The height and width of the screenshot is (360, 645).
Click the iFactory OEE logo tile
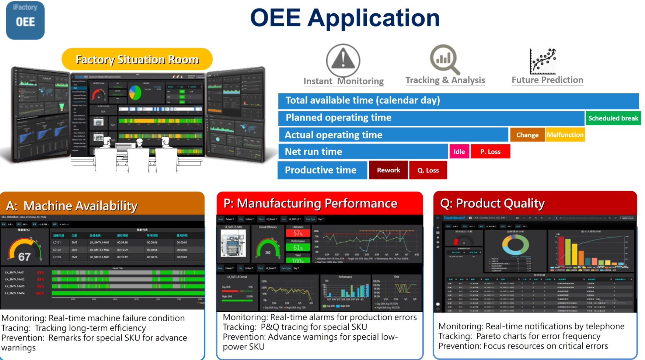25,20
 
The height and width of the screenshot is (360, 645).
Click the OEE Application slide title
345,18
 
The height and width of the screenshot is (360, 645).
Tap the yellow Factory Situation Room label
137,59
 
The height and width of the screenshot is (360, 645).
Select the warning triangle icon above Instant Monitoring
343,60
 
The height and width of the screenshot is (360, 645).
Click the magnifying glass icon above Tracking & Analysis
444,59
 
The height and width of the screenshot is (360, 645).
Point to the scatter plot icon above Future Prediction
543,61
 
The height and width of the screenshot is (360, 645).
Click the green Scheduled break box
613,118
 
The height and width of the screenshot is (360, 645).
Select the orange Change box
527,135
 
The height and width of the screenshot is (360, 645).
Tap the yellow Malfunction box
565,135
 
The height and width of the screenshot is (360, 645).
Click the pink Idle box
459,151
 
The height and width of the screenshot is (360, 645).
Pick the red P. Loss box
490,151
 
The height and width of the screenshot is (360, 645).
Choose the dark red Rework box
388,170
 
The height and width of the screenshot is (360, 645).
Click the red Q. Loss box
428,170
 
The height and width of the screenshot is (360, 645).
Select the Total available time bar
458,101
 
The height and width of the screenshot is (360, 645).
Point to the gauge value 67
24,257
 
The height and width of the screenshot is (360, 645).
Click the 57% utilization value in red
298,233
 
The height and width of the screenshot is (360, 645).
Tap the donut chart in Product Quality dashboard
515,245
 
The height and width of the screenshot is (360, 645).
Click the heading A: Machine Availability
72,206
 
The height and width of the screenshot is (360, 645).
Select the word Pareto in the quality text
489,336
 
